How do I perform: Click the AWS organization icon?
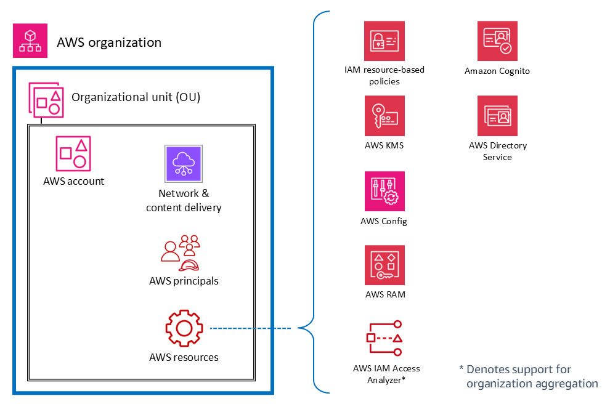point(30,42)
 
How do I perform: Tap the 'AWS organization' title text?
point(109,42)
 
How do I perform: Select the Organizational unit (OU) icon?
point(46,99)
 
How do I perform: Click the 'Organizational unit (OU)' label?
point(136,97)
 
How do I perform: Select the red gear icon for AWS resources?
point(184,328)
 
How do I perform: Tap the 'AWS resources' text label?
point(184,357)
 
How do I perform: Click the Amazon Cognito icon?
point(497,41)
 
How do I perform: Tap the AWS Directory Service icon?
point(497,116)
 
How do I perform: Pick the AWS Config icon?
point(384,191)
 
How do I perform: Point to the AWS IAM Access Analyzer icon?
point(384,338)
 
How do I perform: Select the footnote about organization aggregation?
point(529,376)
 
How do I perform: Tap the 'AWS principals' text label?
point(184,281)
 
